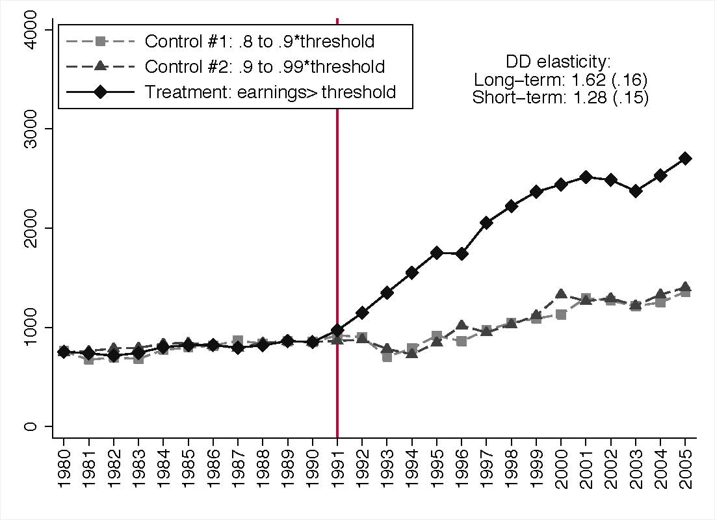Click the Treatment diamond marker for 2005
(684, 158)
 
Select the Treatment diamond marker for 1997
(486, 222)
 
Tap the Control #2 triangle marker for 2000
(560, 294)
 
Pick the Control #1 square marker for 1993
(387, 356)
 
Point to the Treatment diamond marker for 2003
(635, 191)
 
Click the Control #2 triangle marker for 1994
(411, 353)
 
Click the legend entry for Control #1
(259, 42)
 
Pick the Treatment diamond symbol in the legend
(101, 92)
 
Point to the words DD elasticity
(558, 62)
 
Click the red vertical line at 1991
(337, 195)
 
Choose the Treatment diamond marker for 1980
(64, 352)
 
